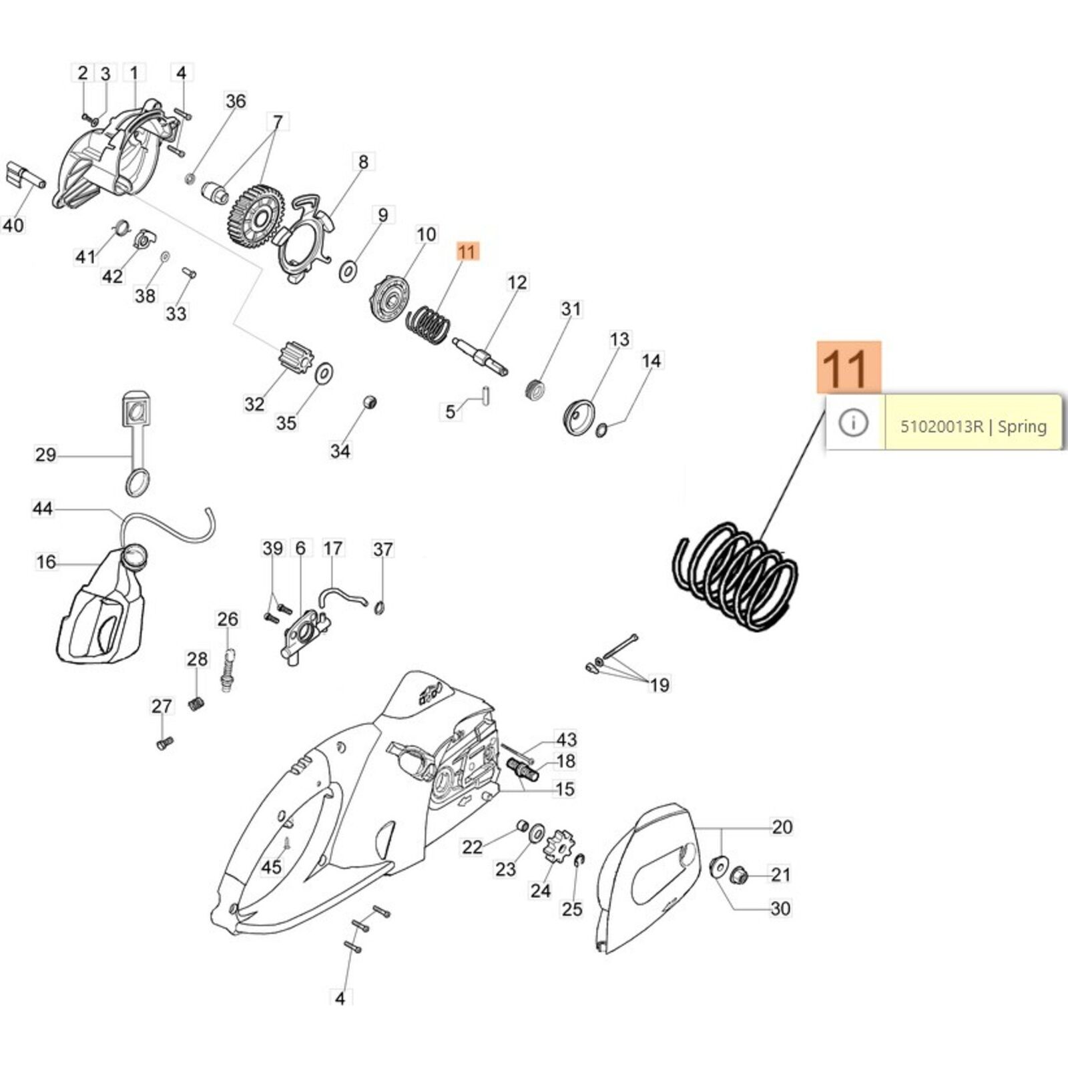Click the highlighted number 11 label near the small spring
point(467,252)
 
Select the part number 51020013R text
point(941,427)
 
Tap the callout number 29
point(45,455)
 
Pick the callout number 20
point(782,827)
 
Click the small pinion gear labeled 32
point(294,360)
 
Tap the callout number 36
point(236,101)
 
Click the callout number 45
point(271,867)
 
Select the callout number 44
point(43,509)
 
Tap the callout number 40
point(13,225)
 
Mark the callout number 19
point(659,685)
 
